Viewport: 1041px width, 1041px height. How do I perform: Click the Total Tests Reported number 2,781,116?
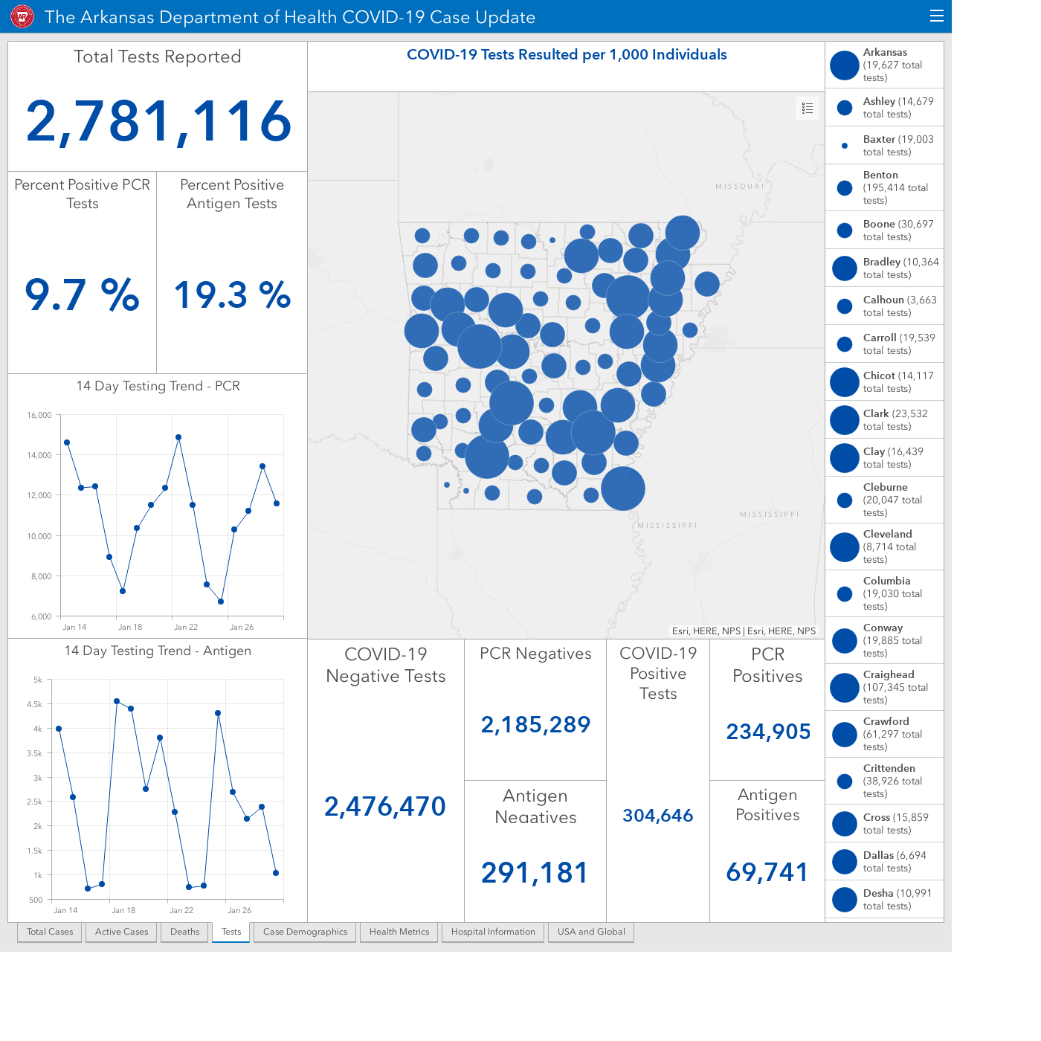[x=158, y=122]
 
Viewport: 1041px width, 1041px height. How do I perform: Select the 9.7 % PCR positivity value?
[x=82, y=295]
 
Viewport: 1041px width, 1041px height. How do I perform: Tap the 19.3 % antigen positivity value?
[x=232, y=295]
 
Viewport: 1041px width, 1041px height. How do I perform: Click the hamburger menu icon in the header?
[x=936, y=16]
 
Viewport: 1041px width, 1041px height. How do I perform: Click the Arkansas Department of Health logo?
[x=22, y=17]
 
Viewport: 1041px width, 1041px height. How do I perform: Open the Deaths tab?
[x=184, y=932]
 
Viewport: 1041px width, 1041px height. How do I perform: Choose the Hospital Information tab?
[x=493, y=932]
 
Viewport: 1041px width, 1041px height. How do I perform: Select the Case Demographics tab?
[x=305, y=932]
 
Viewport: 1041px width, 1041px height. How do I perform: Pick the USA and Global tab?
[x=591, y=932]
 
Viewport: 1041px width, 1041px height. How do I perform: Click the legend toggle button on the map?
[x=807, y=109]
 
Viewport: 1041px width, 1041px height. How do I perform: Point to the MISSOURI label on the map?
[x=740, y=187]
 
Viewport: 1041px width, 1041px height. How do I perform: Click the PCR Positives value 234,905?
[x=767, y=732]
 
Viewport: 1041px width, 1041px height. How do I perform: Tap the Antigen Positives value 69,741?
[x=767, y=872]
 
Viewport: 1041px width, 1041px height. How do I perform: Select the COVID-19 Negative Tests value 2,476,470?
[x=385, y=806]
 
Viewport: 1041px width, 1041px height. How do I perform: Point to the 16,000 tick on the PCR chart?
[x=39, y=415]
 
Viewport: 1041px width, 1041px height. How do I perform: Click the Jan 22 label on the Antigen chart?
[x=181, y=910]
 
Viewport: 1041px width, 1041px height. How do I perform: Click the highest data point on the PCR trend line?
[x=178, y=437]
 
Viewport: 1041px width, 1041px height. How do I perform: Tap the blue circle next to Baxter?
[x=845, y=145]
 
